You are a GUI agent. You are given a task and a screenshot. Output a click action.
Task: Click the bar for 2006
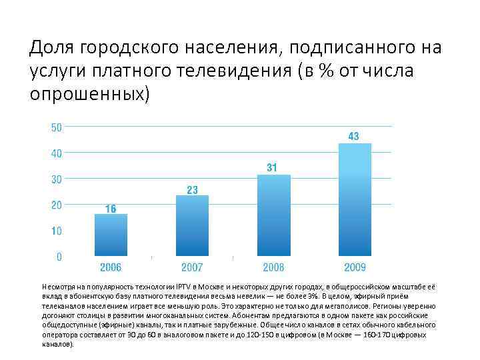pos(111,235)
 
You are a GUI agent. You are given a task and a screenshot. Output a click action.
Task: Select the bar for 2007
pos(192,225)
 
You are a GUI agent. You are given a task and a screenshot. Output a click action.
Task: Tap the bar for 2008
pos(273,215)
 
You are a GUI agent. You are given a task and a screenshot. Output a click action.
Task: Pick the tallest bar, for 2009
pos(355,199)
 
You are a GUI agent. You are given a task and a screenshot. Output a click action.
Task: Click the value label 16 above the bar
pos(111,209)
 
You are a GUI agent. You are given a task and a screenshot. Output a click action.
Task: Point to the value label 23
pos(192,190)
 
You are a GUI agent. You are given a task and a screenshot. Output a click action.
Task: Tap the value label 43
pos(354,136)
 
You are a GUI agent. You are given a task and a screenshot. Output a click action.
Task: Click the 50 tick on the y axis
pos(57,127)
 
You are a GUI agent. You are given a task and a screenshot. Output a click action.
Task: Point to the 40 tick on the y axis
pos(57,153)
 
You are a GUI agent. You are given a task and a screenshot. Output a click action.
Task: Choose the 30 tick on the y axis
pos(57,179)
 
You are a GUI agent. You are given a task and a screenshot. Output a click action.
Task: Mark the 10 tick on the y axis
pos(57,231)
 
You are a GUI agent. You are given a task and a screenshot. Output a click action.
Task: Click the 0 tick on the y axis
pos(59,257)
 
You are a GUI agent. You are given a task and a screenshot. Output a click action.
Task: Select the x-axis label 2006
pos(111,267)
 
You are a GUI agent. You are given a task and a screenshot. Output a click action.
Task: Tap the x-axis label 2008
pos(273,267)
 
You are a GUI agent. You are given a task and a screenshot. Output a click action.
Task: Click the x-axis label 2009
pos(355,267)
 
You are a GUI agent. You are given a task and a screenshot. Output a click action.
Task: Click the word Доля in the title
pos(53,48)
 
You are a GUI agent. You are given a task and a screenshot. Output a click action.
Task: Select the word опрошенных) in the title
pos(91,93)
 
